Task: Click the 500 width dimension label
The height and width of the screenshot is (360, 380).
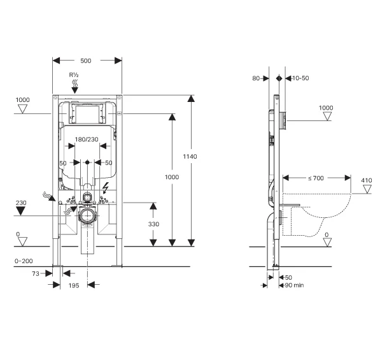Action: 86,61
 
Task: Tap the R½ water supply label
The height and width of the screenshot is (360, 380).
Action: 74,75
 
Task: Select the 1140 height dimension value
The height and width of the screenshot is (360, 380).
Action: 190,157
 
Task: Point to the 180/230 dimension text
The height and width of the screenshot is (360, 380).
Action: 87,140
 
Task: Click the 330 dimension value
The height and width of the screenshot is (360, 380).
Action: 153,224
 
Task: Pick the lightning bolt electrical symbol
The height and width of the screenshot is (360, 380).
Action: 106,188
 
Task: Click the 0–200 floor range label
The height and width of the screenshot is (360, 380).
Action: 24,261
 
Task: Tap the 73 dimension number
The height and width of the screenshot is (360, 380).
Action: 36,273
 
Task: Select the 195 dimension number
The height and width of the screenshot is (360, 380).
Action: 74,285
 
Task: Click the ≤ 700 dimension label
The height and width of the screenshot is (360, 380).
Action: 316,178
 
